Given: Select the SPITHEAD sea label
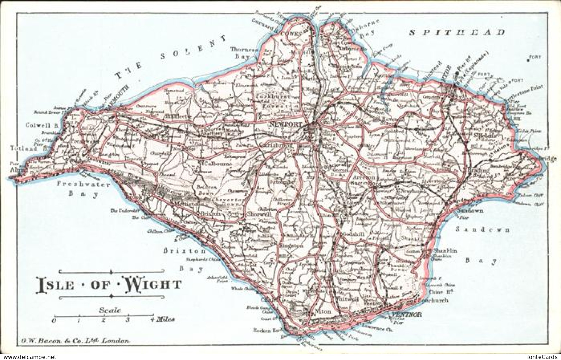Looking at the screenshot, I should click(457, 33).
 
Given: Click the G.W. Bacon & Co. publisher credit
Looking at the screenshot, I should click(73, 341).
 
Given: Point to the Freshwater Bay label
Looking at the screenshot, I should click(84, 189).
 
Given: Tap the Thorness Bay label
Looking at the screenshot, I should click(244, 52).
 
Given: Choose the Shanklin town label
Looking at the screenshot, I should click(445, 251).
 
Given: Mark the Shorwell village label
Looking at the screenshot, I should click(259, 214).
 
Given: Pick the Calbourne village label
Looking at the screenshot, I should click(216, 164).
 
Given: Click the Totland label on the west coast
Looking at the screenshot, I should click(21, 149).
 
